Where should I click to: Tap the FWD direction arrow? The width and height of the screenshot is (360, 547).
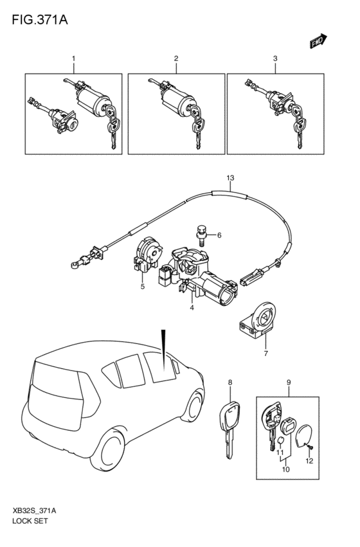(317, 42)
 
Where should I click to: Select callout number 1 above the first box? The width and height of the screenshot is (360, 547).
(73, 58)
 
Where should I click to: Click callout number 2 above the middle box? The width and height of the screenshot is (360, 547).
(175, 58)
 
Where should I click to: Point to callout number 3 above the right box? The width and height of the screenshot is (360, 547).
(274, 58)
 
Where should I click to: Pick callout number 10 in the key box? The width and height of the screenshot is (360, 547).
(285, 469)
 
